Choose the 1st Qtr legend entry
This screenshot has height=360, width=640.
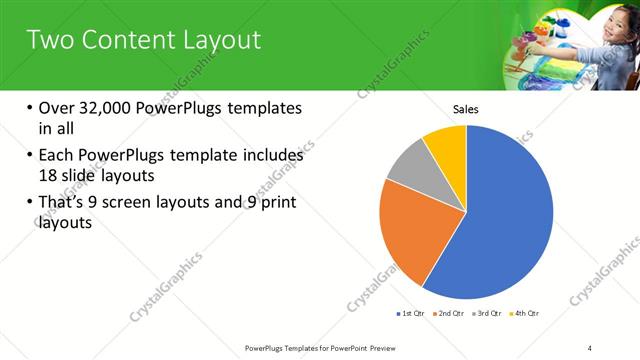click(x=411, y=314)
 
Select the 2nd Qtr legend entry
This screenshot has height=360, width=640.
click(x=449, y=314)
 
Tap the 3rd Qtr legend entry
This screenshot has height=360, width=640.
click(x=488, y=314)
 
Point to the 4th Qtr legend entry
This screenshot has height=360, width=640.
click(x=526, y=314)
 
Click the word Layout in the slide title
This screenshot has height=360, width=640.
click(x=211, y=40)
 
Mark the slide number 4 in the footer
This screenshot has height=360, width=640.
click(x=589, y=347)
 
